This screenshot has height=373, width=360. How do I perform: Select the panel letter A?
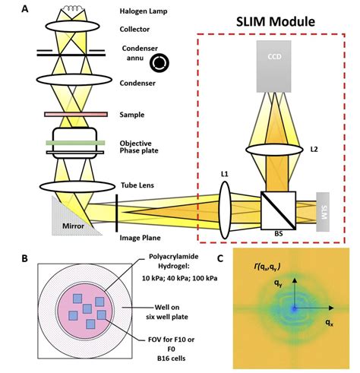27,9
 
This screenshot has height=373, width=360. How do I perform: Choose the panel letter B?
25,258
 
